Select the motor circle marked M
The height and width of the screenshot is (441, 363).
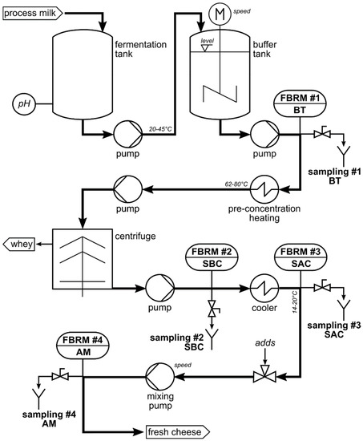click(x=219, y=14)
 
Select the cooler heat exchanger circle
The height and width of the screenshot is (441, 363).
click(x=264, y=287)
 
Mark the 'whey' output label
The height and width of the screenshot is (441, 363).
click(x=21, y=243)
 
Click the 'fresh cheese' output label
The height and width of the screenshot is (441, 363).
click(x=175, y=432)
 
